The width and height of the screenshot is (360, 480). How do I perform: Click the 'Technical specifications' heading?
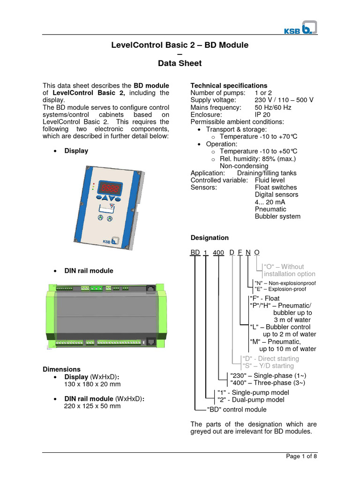tap(229, 86)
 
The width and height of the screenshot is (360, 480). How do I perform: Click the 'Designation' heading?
tap(210, 238)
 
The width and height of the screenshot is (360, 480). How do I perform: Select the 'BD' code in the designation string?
tap(195, 252)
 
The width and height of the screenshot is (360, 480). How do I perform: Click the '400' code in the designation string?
tap(218, 253)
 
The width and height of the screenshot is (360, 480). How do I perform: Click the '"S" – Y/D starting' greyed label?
tap(267, 366)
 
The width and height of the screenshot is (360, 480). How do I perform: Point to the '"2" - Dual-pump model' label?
tap(250, 400)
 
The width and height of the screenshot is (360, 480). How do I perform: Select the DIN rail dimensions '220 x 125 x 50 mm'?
tap(92, 406)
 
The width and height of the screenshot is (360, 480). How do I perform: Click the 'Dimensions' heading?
tap(61, 369)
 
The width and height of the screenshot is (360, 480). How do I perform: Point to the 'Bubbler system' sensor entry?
tap(277, 217)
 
